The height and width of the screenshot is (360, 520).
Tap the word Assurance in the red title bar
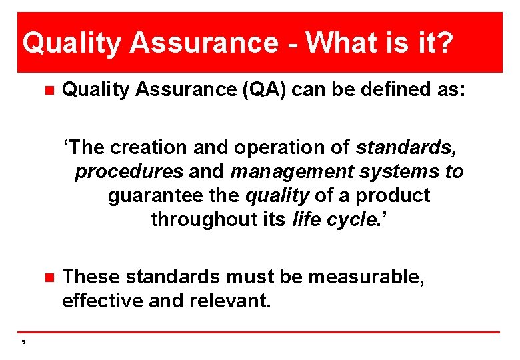click(x=203, y=43)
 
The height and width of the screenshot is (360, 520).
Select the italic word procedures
click(x=129, y=171)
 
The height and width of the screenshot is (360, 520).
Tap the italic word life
click(x=306, y=219)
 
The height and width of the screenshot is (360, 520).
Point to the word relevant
click(x=229, y=300)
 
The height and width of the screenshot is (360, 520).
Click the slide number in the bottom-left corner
click(x=23, y=342)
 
